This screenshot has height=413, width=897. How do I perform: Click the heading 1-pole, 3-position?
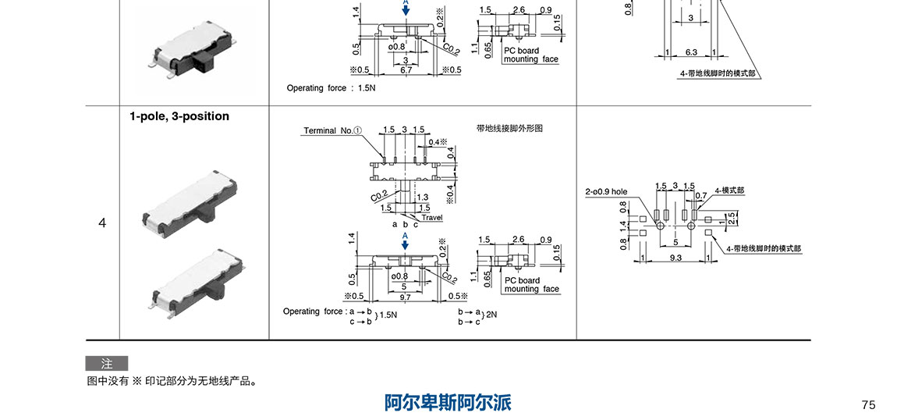(179, 116)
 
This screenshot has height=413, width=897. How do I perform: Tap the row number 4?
(102, 223)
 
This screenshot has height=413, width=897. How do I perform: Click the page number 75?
(869, 404)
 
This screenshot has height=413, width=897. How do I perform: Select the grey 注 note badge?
(106, 364)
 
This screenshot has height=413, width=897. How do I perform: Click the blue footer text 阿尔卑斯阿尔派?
(448, 402)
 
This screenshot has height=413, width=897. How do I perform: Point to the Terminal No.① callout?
(332, 130)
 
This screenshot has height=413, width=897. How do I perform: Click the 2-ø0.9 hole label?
(606, 191)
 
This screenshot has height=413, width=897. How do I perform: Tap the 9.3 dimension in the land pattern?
(675, 257)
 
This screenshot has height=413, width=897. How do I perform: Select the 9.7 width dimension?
(405, 297)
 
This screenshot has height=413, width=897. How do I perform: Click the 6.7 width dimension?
(406, 70)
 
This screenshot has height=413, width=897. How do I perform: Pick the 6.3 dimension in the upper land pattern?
(691, 52)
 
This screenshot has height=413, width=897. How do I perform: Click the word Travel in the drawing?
(431, 218)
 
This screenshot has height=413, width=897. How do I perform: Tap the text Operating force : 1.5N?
(331, 88)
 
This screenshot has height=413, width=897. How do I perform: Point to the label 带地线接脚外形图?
(509, 128)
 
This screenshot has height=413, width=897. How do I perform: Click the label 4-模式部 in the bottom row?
(729, 190)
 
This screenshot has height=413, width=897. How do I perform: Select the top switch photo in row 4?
(190, 201)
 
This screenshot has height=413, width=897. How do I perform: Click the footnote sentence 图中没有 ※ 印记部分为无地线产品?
(172, 382)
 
